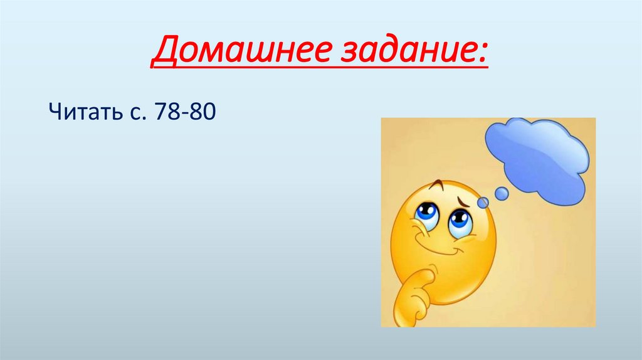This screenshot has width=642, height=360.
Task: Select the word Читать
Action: point(80,115)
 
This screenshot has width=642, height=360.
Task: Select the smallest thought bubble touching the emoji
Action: point(483,202)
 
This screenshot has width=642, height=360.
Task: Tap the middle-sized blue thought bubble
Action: point(502,194)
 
